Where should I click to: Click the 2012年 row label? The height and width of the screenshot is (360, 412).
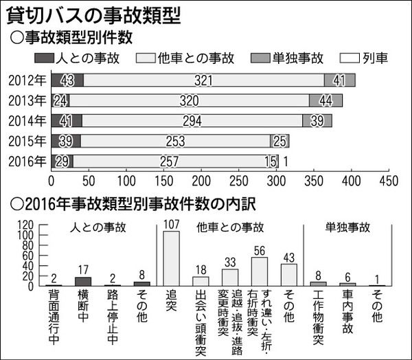tap(27, 80)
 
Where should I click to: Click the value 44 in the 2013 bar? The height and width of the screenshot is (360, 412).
tap(326, 100)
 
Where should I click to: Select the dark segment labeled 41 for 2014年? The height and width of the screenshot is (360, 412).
tap(67, 121)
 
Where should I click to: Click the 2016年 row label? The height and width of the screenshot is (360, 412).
tap(27, 162)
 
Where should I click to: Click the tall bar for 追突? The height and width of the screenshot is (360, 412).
tap(171, 258)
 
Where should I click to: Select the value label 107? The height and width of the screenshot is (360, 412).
tap(171, 224)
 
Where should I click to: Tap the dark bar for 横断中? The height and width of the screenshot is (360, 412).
tap(82, 281)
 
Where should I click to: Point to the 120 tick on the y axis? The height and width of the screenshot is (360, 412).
tap(26, 225)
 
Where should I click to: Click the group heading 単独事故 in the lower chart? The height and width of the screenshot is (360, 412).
tap(345, 227)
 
